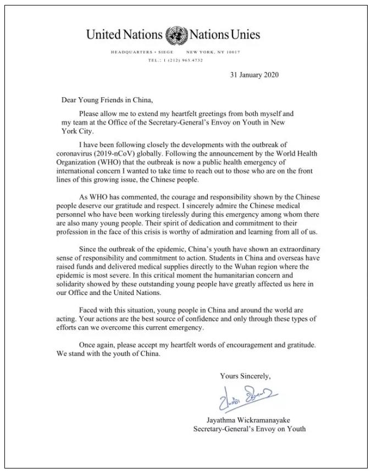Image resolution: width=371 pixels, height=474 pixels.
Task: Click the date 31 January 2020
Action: [254, 75]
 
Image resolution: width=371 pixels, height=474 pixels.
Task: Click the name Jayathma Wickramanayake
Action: [249, 419]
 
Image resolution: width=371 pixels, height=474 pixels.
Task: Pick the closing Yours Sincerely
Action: [245, 376]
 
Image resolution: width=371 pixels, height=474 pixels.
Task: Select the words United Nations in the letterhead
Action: [125, 35]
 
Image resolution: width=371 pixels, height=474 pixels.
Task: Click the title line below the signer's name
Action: [249, 428]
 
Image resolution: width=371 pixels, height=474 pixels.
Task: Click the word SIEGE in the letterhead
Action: [167, 52]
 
